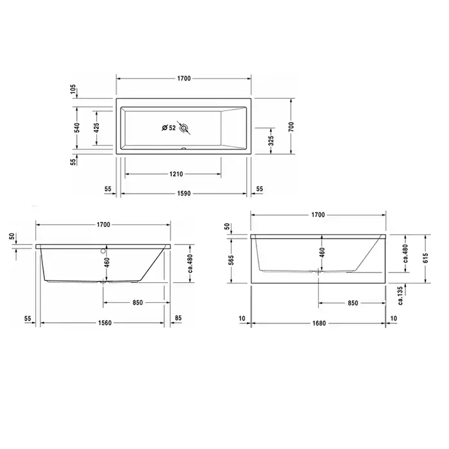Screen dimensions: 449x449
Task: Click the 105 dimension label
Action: coord(73,89)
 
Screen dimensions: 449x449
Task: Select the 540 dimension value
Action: coord(77,128)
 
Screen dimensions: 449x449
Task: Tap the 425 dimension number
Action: coord(96,128)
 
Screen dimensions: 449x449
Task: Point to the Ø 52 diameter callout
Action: coord(169,128)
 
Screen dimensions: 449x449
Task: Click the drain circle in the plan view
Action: coord(183,128)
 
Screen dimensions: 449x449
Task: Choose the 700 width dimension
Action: coord(291,126)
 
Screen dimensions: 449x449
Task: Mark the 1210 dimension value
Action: coord(176,174)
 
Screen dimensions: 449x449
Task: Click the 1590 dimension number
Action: coord(183,194)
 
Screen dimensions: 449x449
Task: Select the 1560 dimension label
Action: coord(105,323)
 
